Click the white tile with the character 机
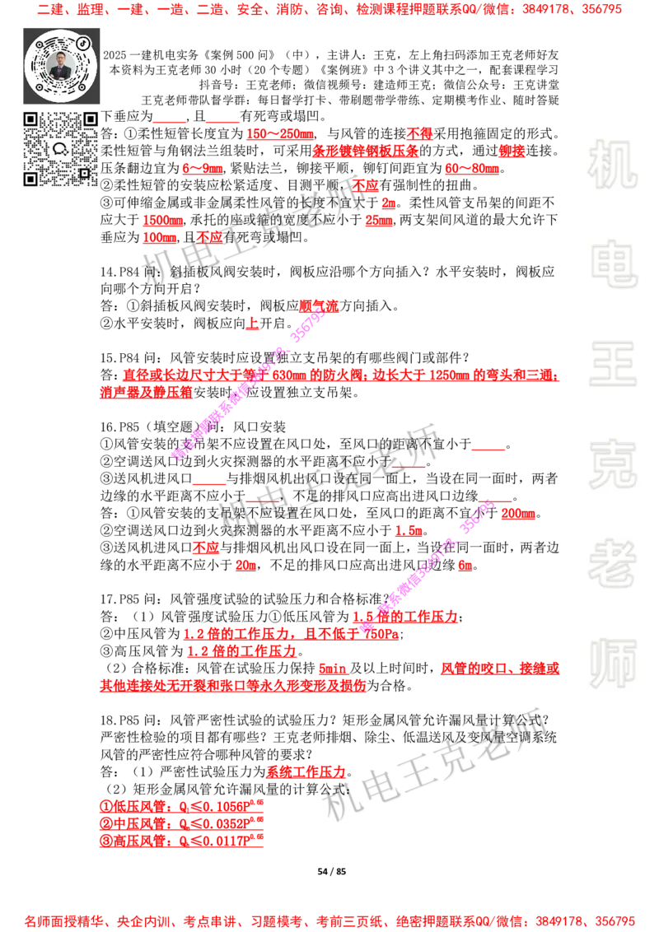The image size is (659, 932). point(612,164)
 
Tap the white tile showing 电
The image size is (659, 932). point(615,263)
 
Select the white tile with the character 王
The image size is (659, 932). point(612,365)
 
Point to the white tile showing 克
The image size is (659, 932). point(612,464)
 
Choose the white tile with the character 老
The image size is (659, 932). point(612,562)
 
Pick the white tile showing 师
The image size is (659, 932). point(612,664)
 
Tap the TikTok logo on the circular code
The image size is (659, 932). point(82,42)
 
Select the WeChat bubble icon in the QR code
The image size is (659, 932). point(59,149)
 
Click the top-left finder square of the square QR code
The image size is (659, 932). point(30,119)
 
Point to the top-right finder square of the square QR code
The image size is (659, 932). point(90,119)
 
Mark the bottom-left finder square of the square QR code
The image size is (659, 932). point(30,179)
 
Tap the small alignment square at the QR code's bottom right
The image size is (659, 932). point(83,173)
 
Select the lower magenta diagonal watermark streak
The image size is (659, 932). point(428,564)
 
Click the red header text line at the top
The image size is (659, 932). point(329,10)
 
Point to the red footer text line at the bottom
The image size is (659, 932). point(329,920)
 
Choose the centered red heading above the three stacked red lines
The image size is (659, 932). point(306,772)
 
